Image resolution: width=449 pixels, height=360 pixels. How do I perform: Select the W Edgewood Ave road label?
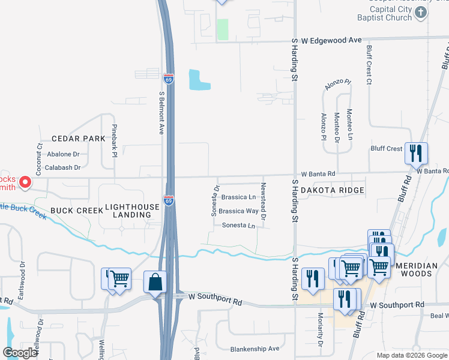[331, 40]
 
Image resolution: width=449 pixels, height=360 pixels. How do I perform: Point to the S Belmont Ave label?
[161, 112]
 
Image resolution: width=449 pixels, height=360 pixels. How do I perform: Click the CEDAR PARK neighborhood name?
[78, 139]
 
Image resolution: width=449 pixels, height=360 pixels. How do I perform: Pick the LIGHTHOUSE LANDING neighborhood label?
[132, 211]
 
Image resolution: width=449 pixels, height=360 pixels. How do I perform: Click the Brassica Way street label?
[238, 211]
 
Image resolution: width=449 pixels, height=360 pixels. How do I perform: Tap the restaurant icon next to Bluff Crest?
[415, 154]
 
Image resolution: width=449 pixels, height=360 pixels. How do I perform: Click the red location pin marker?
[25, 181]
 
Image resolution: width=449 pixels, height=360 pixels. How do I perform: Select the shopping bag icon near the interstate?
[155, 283]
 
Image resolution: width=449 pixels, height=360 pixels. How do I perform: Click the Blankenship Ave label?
[255, 349]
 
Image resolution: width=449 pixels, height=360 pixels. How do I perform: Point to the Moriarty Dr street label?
[320, 337]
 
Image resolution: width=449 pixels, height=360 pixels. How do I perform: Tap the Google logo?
[20, 353]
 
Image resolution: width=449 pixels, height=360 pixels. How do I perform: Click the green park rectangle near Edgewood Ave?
[223, 29]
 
